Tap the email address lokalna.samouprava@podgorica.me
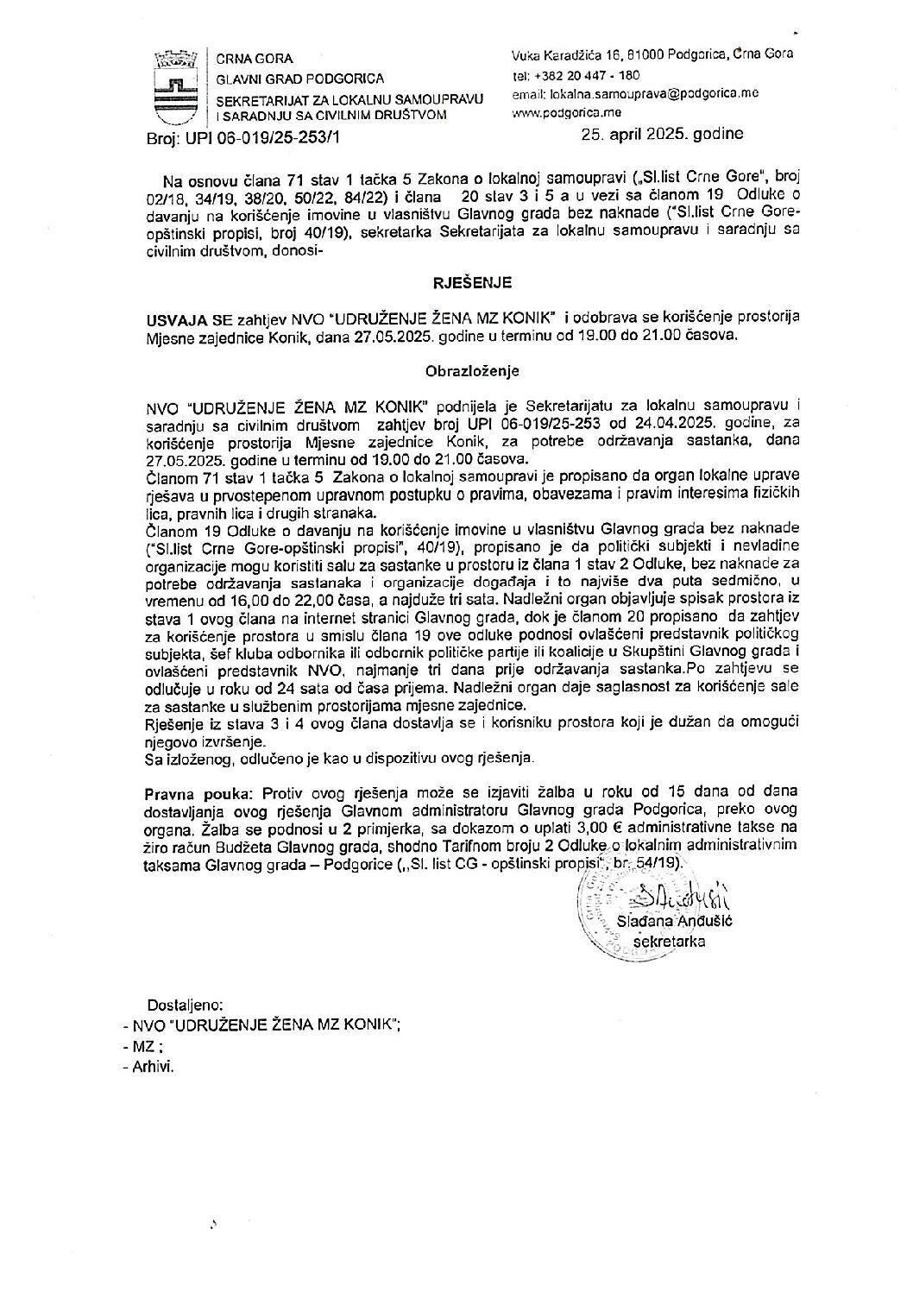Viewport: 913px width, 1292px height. coord(635,94)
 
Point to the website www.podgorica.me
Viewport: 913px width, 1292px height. coord(566,112)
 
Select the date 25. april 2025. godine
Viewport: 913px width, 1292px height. coord(661,135)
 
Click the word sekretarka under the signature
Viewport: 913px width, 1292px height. coord(669,942)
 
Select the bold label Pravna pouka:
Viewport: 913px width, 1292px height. coord(191,790)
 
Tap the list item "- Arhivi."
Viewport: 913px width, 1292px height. coord(149,1067)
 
